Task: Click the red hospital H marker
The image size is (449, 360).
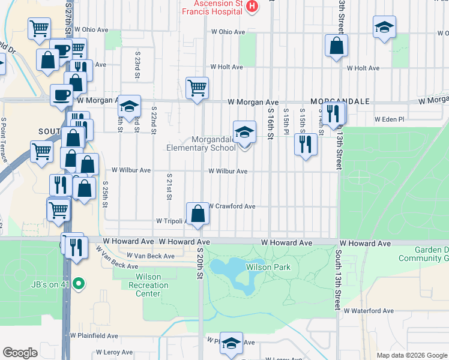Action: [252, 6]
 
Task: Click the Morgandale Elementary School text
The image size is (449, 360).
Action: [205, 144]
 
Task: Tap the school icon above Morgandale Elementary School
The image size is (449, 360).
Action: [244, 131]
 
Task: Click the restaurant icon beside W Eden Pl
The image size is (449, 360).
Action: [331, 113]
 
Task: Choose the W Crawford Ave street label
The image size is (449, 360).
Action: [232, 206]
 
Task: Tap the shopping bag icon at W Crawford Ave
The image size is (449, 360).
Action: [197, 213]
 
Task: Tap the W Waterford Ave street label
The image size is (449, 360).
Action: [369, 311]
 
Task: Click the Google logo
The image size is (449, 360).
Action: [20, 352]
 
